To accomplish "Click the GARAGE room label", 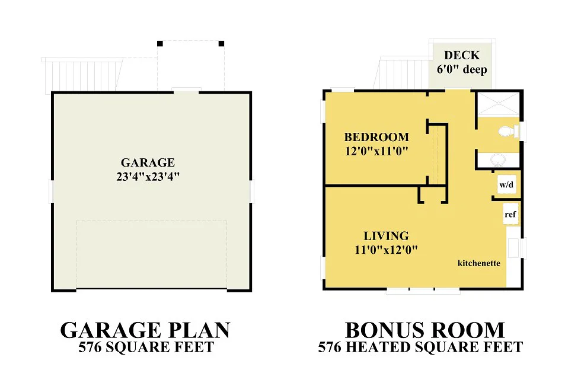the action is (x=148, y=162).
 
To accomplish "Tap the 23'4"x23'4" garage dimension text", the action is (x=148, y=177).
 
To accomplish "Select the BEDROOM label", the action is (x=376, y=137).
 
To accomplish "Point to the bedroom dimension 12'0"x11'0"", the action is (x=376, y=151).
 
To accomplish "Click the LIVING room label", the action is (x=386, y=236).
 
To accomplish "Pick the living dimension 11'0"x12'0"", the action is (x=386, y=250).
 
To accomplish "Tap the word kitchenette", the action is (x=479, y=263).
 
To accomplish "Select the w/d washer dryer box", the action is (x=506, y=184).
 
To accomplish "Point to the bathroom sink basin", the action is (x=498, y=160).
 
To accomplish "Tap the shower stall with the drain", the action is (x=499, y=104).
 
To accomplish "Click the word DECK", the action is (x=462, y=55).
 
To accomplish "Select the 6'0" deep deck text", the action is (x=462, y=69).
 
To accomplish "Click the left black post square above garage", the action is (x=159, y=44).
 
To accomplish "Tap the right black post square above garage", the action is (x=221, y=44).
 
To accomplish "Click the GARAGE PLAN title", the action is (x=145, y=330).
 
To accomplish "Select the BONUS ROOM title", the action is (x=425, y=330).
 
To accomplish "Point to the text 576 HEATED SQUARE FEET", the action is (x=420, y=347).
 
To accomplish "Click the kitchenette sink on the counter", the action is (x=513, y=248).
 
